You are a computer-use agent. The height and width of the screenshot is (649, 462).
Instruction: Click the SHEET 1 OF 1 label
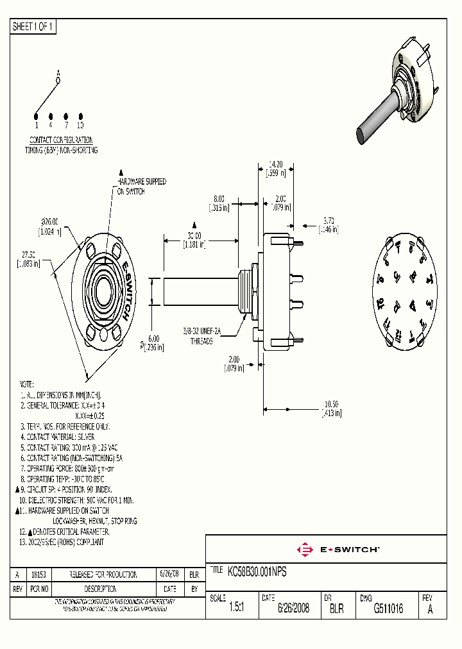(x=33, y=27)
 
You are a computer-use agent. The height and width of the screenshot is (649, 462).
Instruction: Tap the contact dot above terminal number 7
(x=65, y=115)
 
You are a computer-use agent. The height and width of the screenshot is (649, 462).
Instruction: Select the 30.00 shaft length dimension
(x=193, y=235)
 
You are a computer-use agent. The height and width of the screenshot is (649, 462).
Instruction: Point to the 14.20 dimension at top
(x=275, y=164)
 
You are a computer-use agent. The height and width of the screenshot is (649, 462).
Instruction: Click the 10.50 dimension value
(x=332, y=405)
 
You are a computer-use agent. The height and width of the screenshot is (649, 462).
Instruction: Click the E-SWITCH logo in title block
(x=338, y=550)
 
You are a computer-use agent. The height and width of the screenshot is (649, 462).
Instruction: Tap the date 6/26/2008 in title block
(x=293, y=609)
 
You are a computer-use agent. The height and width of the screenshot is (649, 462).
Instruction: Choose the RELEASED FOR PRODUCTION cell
(x=103, y=575)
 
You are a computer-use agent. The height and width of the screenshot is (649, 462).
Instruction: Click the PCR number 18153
(x=40, y=575)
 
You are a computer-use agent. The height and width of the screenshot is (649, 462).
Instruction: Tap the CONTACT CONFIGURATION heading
(x=61, y=140)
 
